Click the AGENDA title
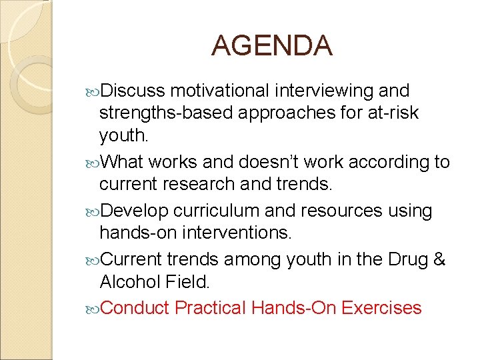pos(271,46)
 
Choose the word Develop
pos(136,211)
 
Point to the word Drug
pos(412,259)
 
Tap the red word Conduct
pos(136,308)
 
